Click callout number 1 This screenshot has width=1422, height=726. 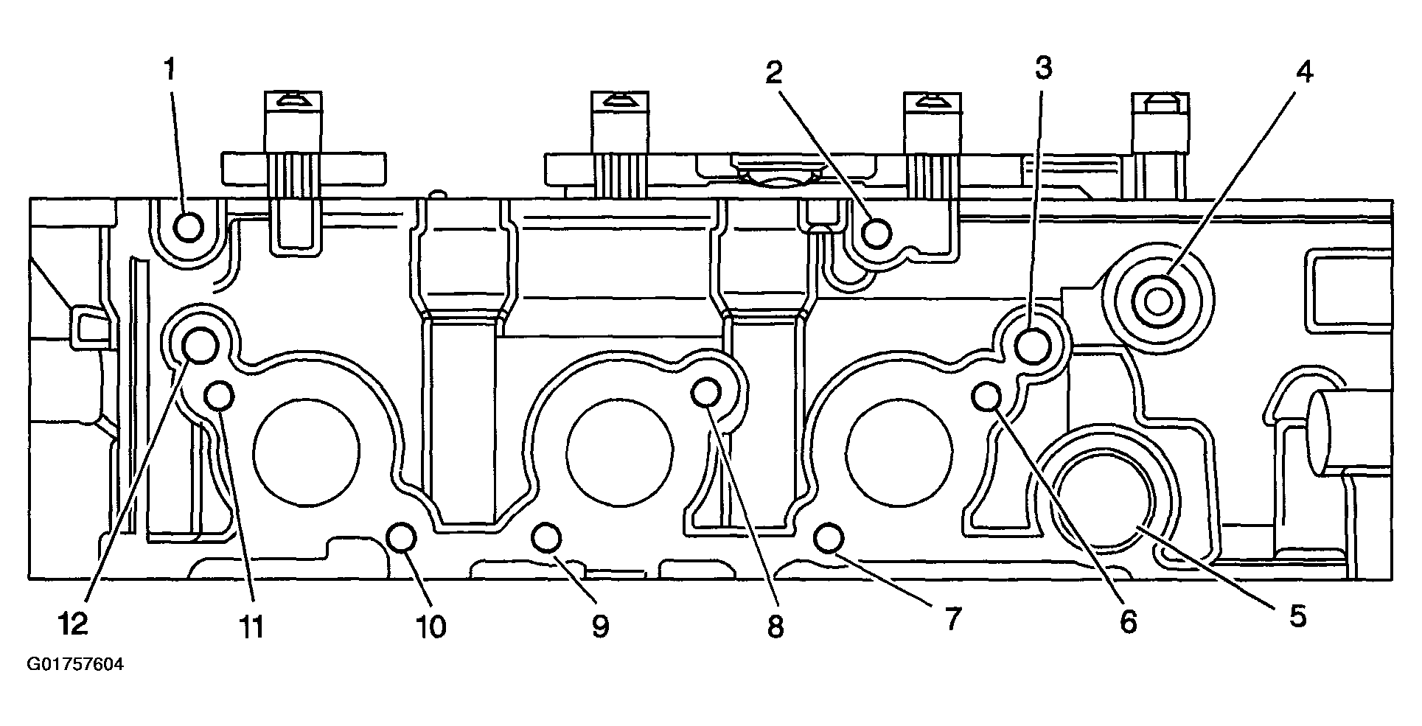pyautogui.click(x=170, y=71)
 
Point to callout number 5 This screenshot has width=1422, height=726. pyautogui.click(x=1298, y=616)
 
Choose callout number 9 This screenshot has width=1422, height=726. pyautogui.click(x=600, y=626)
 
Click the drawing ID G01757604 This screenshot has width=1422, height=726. pyautogui.click(x=76, y=665)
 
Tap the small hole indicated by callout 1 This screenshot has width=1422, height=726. pyautogui.click(x=189, y=228)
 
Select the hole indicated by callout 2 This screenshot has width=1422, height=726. pyautogui.click(x=877, y=233)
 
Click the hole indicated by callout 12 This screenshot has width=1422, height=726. pyautogui.click(x=200, y=343)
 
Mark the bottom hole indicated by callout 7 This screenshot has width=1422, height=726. pyautogui.click(x=829, y=538)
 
